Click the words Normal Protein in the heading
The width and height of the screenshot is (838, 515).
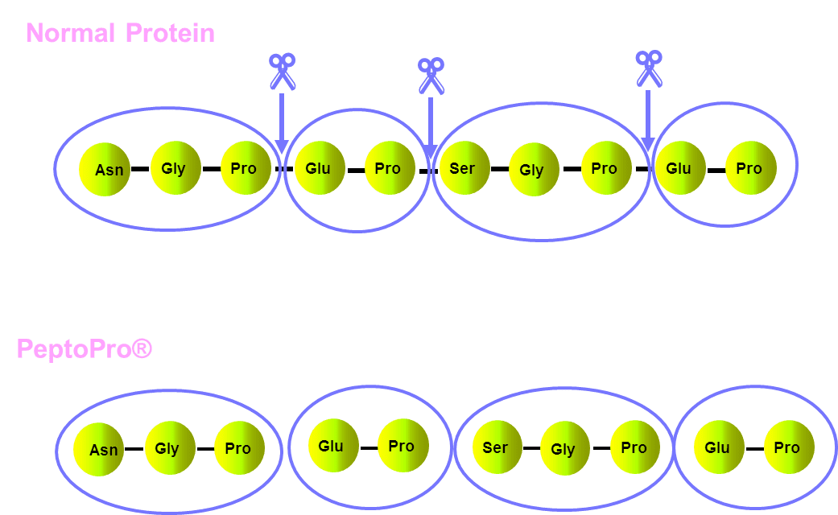(120, 33)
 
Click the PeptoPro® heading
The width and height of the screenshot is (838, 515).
(85, 349)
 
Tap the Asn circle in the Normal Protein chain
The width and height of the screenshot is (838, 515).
(105, 169)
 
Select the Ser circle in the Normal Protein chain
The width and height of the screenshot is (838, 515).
(464, 167)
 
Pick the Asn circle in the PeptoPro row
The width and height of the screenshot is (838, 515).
(99, 449)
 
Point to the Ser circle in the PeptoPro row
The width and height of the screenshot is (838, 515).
(497, 447)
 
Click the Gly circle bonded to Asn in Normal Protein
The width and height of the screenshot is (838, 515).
(175, 167)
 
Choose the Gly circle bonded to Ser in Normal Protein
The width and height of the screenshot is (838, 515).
(534, 169)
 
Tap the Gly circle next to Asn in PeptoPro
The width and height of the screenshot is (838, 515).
(170, 447)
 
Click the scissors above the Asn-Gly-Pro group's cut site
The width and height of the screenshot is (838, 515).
(283, 72)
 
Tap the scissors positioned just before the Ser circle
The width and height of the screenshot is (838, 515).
(431, 76)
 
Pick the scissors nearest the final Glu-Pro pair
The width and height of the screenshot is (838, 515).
(650, 68)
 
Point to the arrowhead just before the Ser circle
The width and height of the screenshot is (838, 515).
(430, 152)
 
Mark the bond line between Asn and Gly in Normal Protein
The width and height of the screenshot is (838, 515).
(140, 169)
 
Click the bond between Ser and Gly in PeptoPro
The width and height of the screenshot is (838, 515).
(531, 447)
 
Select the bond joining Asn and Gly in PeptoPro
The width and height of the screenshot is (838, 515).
(134, 449)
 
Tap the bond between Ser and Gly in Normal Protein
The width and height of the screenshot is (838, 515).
(500, 169)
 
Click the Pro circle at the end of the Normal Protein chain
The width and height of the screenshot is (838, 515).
(751, 167)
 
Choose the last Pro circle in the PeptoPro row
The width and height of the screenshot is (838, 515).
(789, 447)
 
